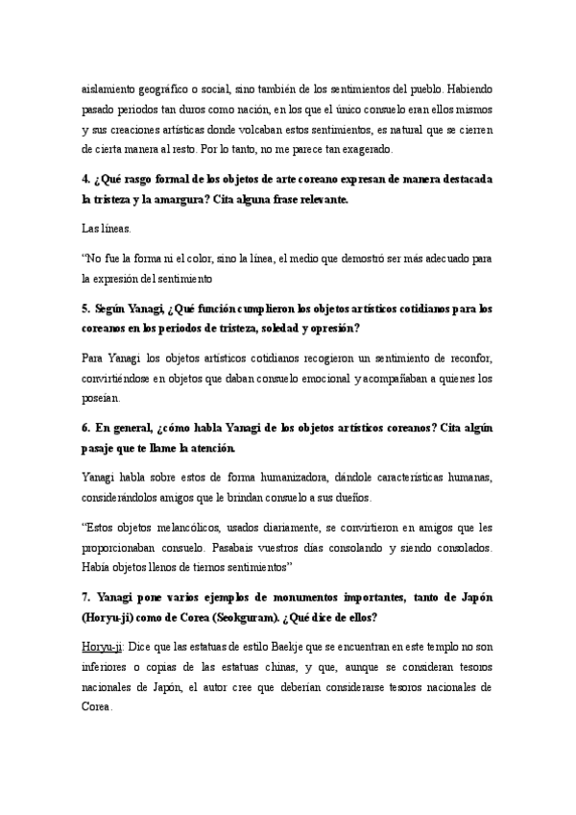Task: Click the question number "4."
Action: [87, 180]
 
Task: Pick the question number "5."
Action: [87, 309]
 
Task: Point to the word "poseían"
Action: [101, 399]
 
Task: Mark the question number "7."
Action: [87, 598]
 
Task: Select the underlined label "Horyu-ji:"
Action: [103, 648]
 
